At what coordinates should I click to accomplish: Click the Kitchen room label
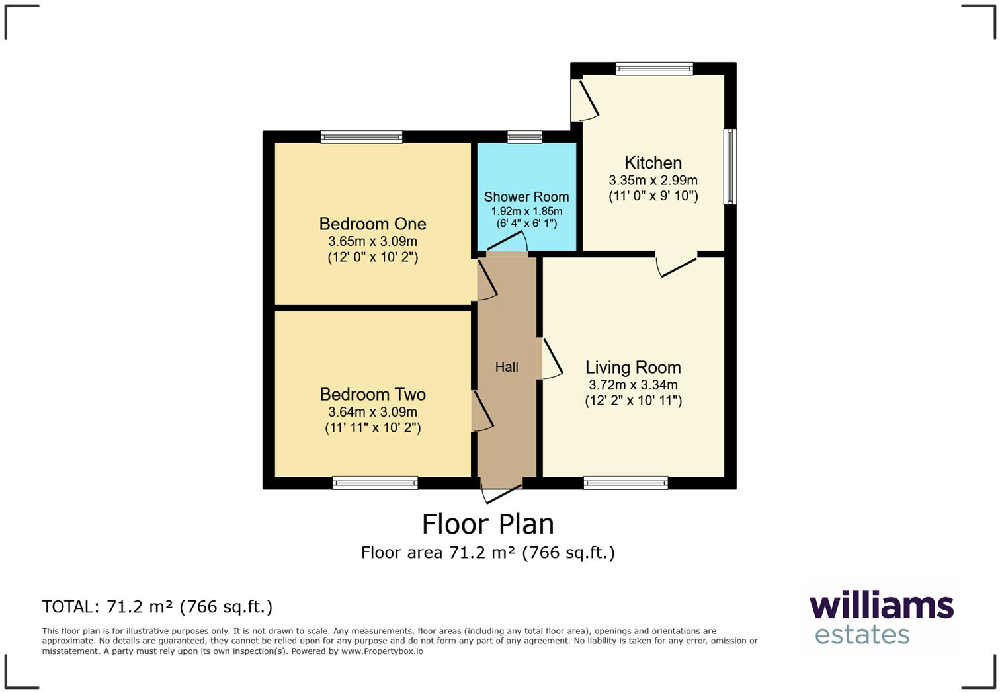[x=653, y=163]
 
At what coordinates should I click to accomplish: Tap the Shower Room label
[x=526, y=196]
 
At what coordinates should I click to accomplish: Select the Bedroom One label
[x=372, y=224]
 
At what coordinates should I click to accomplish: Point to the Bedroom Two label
[x=372, y=394]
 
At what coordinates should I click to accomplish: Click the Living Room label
[x=633, y=367]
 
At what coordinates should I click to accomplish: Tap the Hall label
[x=507, y=367]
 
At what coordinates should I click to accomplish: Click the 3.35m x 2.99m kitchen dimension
[x=653, y=180]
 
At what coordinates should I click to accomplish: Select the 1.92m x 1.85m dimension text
[x=526, y=211]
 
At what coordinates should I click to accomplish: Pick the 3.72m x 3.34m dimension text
[x=633, y=385]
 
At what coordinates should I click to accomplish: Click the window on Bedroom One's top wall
[x=362, y=137]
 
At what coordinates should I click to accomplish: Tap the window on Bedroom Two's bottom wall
[x=375, y=483]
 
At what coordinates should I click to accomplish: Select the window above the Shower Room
[x=524, y=137]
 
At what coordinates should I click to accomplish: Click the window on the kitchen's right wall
[x=730, y=166]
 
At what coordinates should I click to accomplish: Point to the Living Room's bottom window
[x=626, y=483]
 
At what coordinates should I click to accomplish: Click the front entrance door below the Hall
[x=502, y=492]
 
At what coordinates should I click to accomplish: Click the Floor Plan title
[x=488, y=524]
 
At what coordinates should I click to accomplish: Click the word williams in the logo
[x=881, y=606]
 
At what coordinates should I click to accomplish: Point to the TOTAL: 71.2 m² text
[x=157, y=606]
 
